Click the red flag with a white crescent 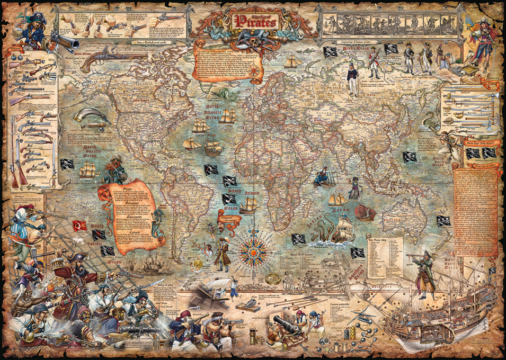(x=79, y=224)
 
